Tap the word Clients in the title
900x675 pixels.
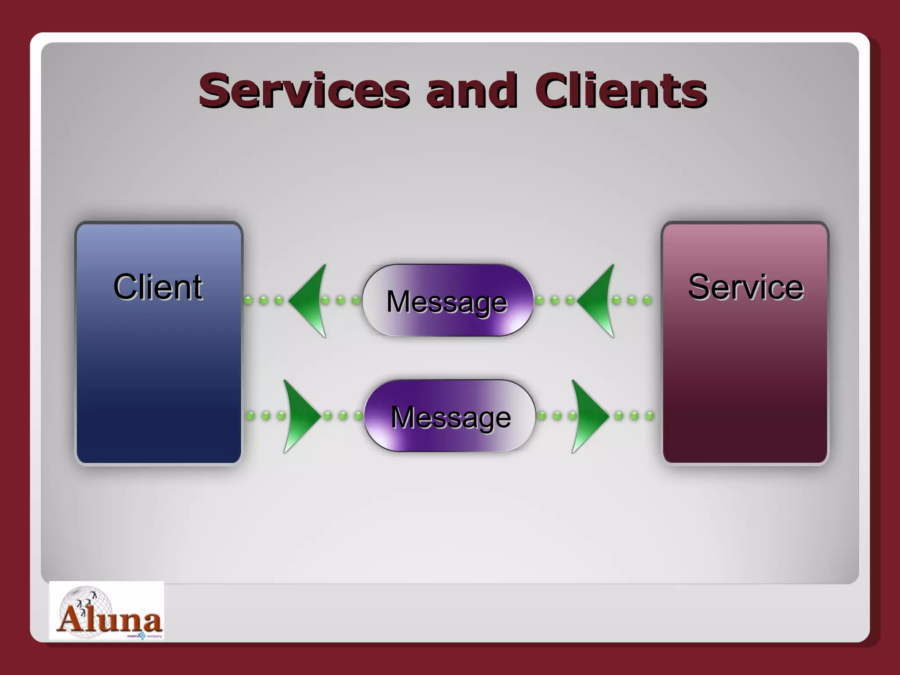tap(621, 91)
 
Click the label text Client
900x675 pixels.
tap(158, 287)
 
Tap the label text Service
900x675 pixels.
tap(746, 287)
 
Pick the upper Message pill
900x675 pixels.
tap(447, 301)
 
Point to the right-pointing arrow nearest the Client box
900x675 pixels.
tap(300, 416)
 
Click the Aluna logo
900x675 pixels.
tap(107, 611)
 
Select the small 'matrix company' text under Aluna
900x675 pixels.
tap(144, 636)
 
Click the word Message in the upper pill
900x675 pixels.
tap(447, 302)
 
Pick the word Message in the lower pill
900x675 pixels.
tap(451, 417)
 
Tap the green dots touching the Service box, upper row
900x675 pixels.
tap(632, 301)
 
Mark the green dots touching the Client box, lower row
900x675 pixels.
tap(266, 416)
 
